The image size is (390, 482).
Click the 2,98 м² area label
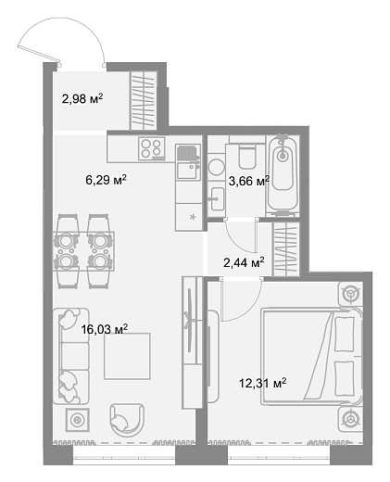click(82, 99)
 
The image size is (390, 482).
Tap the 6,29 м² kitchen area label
click(107, 180)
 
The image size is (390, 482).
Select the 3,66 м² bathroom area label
click(249, 181)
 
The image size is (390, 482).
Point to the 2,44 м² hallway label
click(244, 262)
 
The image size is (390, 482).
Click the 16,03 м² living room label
click(105, 329)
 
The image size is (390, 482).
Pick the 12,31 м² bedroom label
click(263, 383)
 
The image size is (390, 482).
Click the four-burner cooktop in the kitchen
click(151, 148)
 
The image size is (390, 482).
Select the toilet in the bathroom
click(247, 156)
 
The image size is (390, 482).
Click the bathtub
click(283, 174)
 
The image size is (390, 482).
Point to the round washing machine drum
click(216, 167)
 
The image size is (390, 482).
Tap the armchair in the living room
click(127, 420)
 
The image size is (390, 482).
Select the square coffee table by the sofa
click(127, 356)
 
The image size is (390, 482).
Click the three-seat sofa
click(71, 356)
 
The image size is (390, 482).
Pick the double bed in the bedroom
click(311, 356)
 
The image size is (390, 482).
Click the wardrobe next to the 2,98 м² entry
click(143, 101)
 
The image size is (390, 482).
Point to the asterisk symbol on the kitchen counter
click(193, 217)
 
